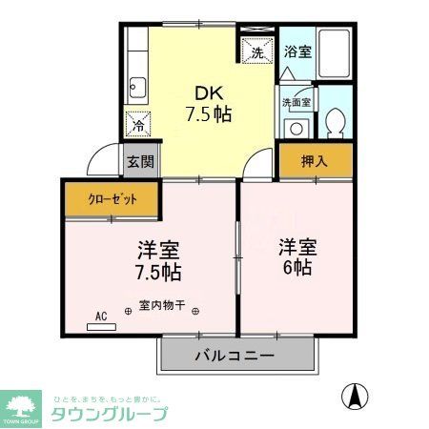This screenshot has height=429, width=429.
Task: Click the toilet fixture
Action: click(335, 123)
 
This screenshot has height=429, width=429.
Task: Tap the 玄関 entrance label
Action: click(140, 161)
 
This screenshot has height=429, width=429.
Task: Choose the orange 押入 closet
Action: click(314, 161)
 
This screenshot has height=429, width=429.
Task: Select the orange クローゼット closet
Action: click(112, 199)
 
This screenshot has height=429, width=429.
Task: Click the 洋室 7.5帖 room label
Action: click(158, 261)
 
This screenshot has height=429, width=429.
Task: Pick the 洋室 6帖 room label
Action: click(298, 256)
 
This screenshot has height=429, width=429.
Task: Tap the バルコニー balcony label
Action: click(235, 356)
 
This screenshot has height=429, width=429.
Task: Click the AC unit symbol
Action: click(100, 325)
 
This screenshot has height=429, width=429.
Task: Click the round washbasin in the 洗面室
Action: click(296, 128)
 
